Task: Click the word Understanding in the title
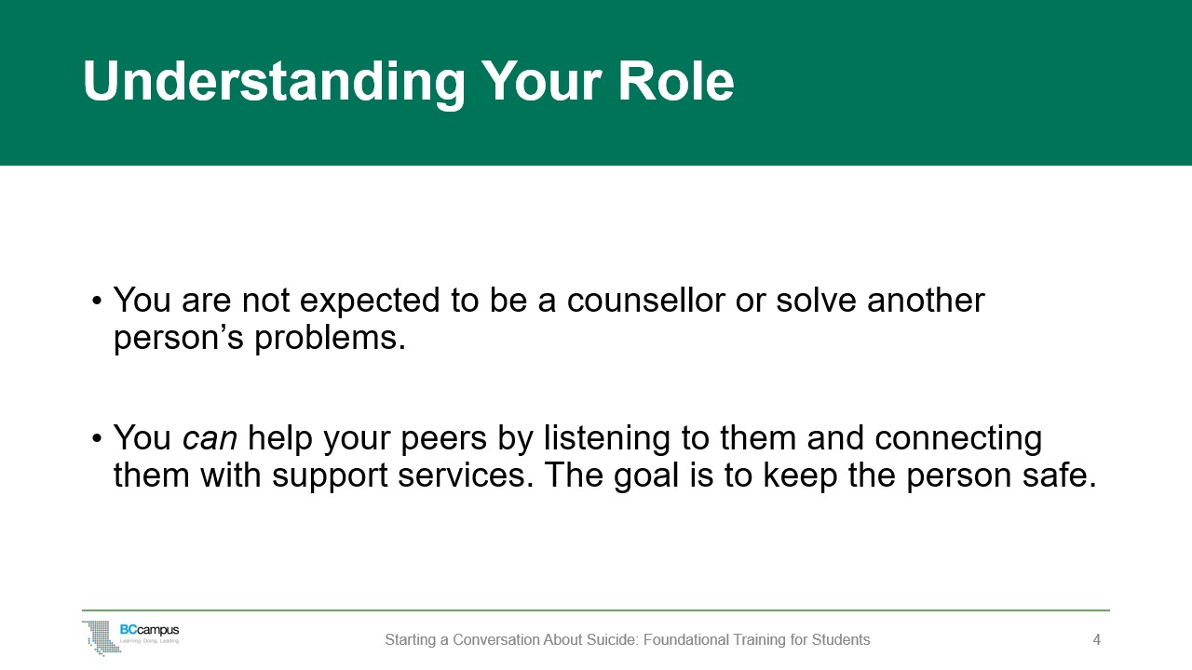(274, 82)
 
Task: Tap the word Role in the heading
(676, 81)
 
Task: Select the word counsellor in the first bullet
(645, 300)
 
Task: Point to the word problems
(330, 338)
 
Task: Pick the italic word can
(210, 438)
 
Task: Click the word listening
(606, 439)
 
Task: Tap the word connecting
(958, 439)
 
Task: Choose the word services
(466, 475)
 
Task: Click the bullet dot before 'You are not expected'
(96, 301)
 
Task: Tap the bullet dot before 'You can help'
(96, 439)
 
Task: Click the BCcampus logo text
(150, 630)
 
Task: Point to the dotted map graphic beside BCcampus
(102, 637)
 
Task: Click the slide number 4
(1097, 639)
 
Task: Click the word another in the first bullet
(926, 300)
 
